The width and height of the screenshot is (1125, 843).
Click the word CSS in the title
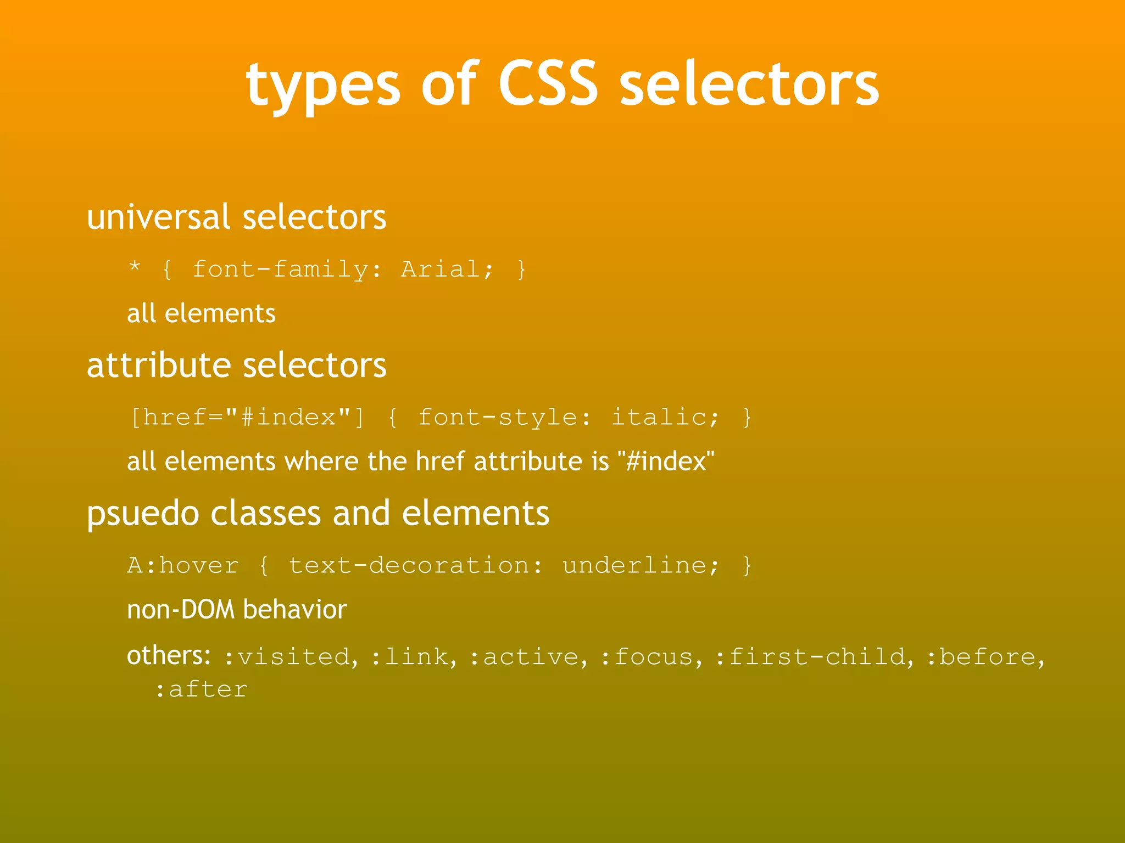pos(548,83)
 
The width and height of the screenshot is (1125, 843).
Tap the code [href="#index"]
pos(247,418)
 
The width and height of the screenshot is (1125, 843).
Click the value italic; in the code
pos(665,418)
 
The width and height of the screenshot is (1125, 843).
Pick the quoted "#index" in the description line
pos(666,462)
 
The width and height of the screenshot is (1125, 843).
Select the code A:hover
pos(183,565)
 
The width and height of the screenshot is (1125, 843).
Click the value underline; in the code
pos(641,565)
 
